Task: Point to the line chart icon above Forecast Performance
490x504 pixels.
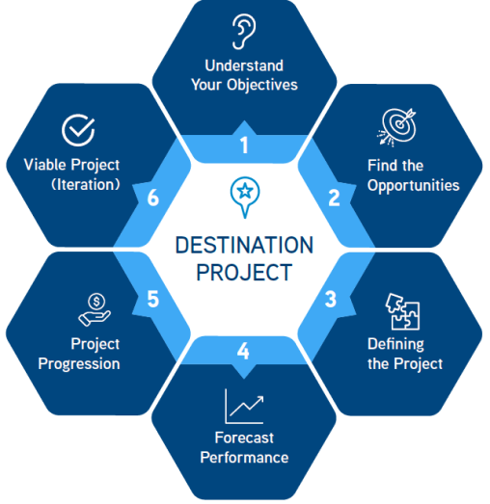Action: [243, 406]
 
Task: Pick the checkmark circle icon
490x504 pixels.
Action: [77, 129]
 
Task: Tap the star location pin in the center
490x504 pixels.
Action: [244, 193]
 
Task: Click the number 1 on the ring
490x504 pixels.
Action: [244, 146]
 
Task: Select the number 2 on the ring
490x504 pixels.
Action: [334, 199]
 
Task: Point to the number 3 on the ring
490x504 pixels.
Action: [331, 298]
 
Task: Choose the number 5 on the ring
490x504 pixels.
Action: [152, 299]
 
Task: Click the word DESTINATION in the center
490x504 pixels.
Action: [244, 244]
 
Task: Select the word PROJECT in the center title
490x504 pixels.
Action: [244, 272]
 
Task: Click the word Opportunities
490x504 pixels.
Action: [413, 184]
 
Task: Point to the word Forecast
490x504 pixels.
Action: [244, 438]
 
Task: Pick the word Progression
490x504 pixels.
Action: [79, 363]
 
